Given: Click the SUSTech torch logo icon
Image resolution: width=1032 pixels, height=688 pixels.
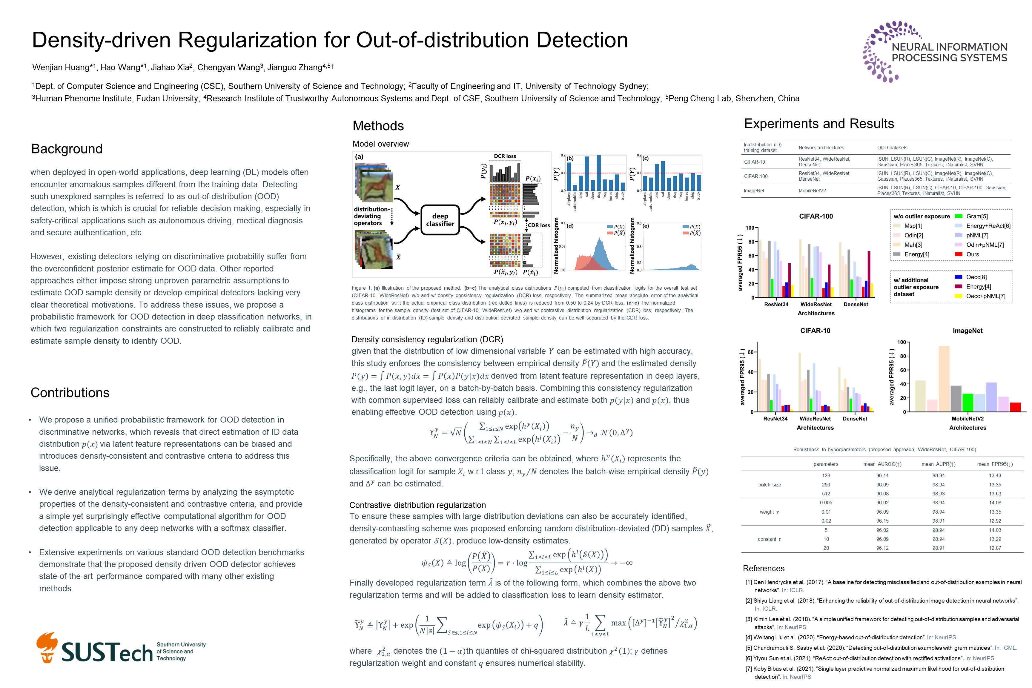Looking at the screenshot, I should (47, 647).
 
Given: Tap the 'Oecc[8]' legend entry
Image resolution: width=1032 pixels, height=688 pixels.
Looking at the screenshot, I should (976, 277).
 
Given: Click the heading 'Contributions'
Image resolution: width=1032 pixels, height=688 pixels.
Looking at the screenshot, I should (70, 393).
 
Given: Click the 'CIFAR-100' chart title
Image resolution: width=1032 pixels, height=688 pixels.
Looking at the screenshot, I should (816, 216).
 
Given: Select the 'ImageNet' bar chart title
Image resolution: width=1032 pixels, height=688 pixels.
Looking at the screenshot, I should (967, 331).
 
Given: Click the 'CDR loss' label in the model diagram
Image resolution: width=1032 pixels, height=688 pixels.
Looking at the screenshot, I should (538, 225).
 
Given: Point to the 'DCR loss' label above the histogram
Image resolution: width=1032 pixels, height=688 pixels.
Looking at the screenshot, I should (505, 156).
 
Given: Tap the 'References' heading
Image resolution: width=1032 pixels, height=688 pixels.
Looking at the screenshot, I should (764, 569).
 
